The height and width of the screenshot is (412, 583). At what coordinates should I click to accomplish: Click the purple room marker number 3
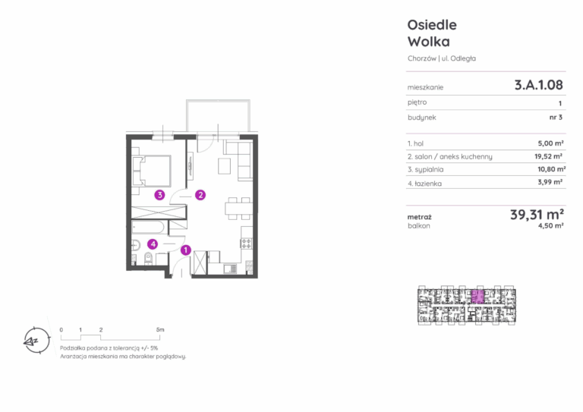pyautogui.click(x=159, y=195)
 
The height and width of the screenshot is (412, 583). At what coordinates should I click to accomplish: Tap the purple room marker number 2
pyautogui.click(x=200, y=195)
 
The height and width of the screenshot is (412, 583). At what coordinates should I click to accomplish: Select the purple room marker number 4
pyautogui.click(x=153, y=244)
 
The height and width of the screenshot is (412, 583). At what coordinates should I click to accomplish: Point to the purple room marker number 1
pyautogui.click(x=185, y=250)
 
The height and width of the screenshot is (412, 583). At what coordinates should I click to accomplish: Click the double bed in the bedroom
pyautogui.click(x=152, y=171)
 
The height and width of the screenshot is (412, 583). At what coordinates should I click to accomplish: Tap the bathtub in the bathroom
pyautogui.click(x=148, y=228)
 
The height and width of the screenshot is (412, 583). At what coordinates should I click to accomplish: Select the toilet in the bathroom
pyautogui.click(x=148, y=258)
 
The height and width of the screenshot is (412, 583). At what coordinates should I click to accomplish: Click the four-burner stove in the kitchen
pyautogui.click(x=247, y=244)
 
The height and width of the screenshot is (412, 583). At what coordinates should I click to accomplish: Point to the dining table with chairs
pyautogui.click(x=238, y=209)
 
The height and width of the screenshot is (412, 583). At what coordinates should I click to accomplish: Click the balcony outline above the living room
pyautogui.click(x=218, y=100)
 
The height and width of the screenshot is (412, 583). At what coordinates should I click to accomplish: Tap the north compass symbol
pyautogui.click(x=36, y=341)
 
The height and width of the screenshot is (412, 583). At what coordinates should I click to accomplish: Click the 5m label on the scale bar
pyautogui.click(x=160, y=329)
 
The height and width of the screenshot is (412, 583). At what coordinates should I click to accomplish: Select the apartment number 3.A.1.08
pyautogui.click(x=538, y=85)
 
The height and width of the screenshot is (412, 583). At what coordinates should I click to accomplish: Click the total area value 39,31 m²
pyautogui.click(x=537, y=215)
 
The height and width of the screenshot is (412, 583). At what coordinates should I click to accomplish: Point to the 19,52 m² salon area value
pyautogui.click(x=548, y=156)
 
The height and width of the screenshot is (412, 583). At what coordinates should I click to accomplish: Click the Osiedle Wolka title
pyautogui.click(x=432, y=33)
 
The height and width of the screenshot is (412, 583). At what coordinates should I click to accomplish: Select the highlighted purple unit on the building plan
pyautogui.click(x=477, y=297)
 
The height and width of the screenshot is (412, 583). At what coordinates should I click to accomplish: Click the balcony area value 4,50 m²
pyautogui.click(x=550, y=226)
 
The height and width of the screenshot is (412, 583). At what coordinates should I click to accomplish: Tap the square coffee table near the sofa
pyautogui.click(x=224, y=166)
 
